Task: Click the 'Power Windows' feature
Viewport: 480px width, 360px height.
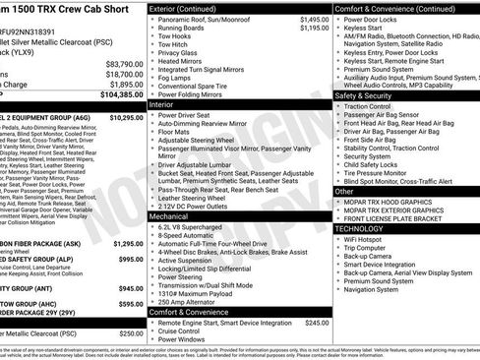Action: point(184,338)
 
